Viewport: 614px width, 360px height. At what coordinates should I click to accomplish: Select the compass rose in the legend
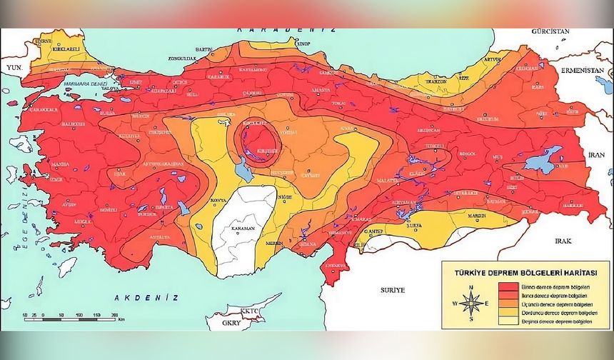[472, 303]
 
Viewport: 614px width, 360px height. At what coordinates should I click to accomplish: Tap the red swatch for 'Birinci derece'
[503, 285]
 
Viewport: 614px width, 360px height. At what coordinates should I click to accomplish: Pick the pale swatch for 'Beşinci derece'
[503, 323]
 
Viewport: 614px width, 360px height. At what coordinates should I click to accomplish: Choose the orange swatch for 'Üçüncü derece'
[503, 304]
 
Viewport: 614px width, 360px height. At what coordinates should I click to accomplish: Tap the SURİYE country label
[393, 290]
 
